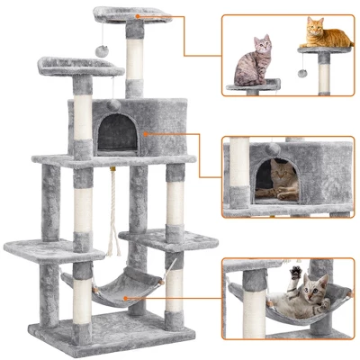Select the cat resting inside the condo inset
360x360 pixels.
pyautogui.click(x=280, y=180)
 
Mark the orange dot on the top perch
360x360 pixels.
pyautogui.click(x=138, y=14)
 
